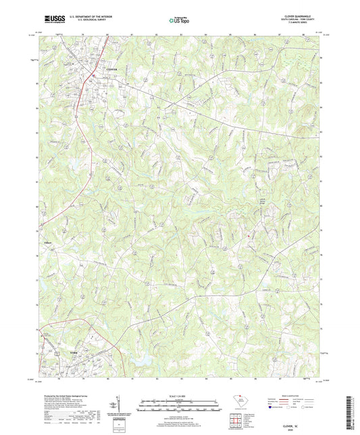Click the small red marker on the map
(248, 236)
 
